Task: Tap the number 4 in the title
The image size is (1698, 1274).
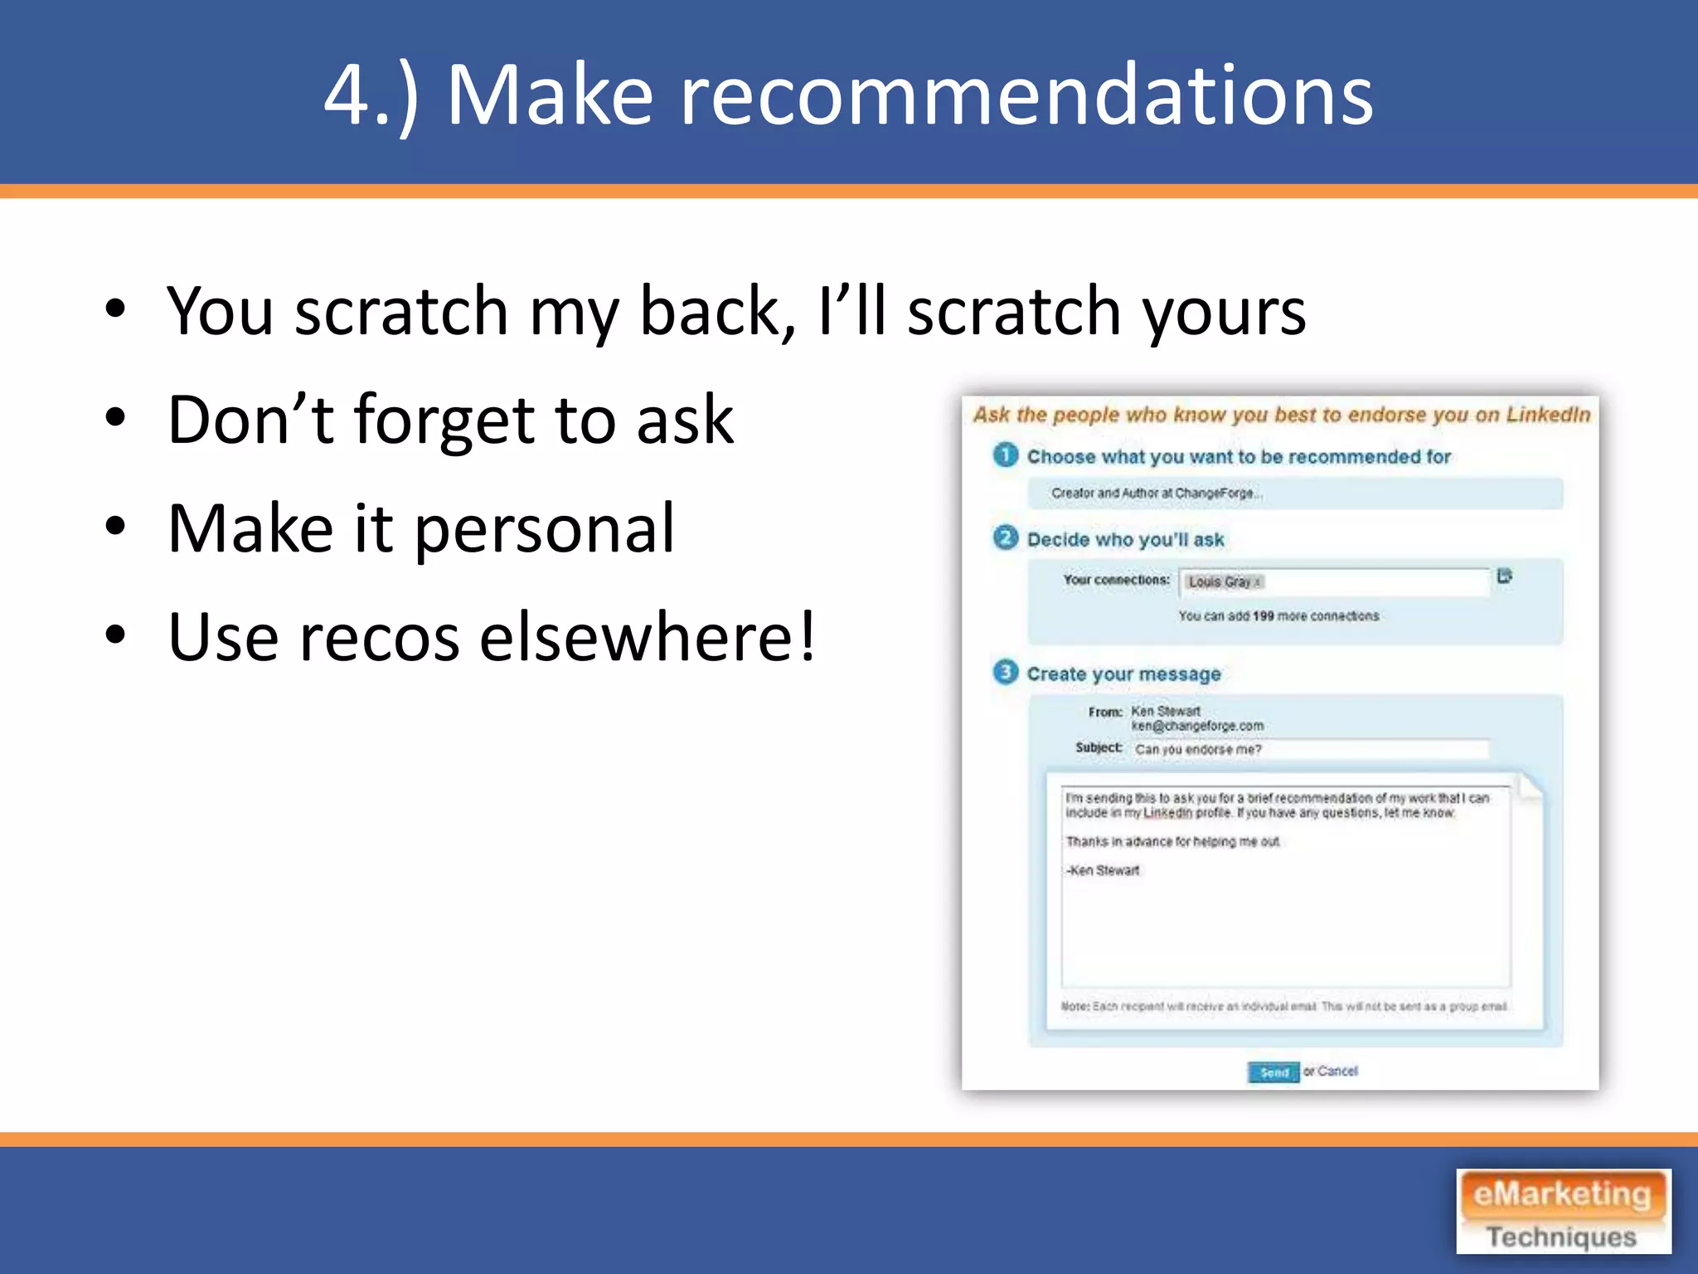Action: point(347,95)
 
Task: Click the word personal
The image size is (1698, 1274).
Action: point(545,529)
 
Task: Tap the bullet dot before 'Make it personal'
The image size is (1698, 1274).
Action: point(116,526)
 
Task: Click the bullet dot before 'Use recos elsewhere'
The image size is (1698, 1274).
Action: point(116,635)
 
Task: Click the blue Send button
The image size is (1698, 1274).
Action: point(1273,1072)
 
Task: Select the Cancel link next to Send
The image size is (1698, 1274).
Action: point(1337,1071)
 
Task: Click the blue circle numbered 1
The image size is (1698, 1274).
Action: point(1006,455)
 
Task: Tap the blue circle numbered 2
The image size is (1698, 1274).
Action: point(1006,538)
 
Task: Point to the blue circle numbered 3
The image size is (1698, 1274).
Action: point(1006,672)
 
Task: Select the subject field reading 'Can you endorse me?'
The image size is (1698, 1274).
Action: point(1310,750)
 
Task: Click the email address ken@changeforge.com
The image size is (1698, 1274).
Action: point(1197,726)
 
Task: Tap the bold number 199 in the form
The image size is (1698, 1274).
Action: point(1263,616)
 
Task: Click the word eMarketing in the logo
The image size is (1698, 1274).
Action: point(1562,1195)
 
